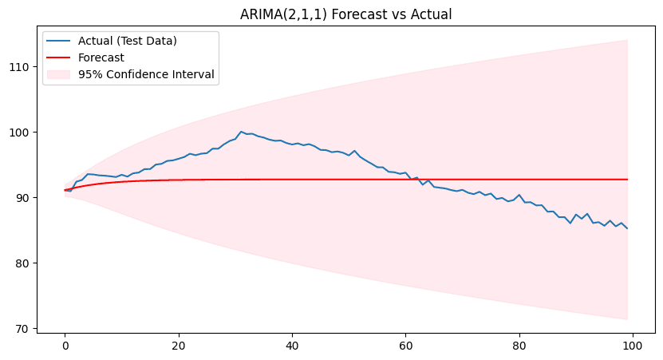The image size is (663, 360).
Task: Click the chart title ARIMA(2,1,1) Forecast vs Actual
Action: coord(346,14)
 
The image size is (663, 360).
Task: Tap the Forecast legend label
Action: coord(101,57)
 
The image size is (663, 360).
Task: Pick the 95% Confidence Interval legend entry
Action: coord(147,74)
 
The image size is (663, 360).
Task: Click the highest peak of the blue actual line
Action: coord(241,132)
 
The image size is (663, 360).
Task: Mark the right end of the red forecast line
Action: coord(627,180)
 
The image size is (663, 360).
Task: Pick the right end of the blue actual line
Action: coord(627,228)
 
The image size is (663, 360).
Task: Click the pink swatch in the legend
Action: coord(61,74)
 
